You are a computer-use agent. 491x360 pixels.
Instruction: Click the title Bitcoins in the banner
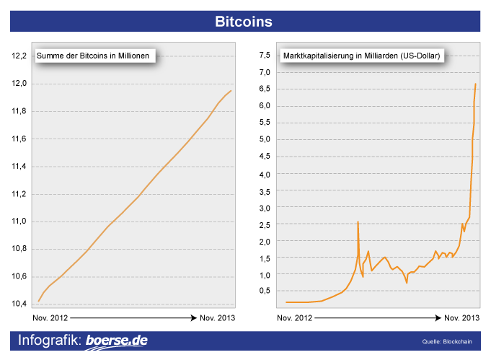click(x=244, y=22)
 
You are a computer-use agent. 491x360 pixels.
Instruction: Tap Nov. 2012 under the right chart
click(x=296, y=318)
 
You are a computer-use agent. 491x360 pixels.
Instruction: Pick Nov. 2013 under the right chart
click(x=461, y=318)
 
